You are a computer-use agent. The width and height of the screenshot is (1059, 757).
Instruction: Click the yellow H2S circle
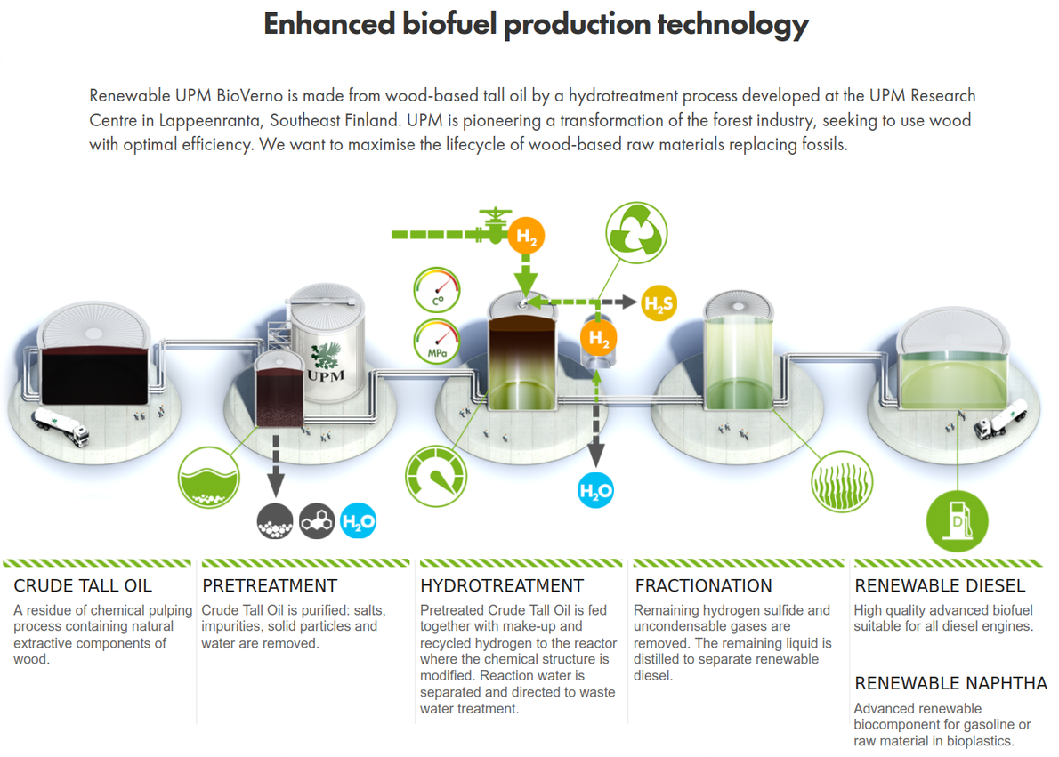coord(659,304)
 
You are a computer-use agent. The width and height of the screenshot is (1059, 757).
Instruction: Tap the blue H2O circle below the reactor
coord(596,490)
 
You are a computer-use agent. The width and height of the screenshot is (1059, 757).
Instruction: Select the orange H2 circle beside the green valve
coord(527,237)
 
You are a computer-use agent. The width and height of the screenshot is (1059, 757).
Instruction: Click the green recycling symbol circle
coord(635,234)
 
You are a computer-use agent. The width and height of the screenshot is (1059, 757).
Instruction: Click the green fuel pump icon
coord(957,520)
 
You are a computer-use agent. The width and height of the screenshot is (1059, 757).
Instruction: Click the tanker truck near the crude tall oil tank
coord(60,427)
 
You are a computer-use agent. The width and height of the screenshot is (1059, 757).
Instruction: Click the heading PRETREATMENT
coord(270,585)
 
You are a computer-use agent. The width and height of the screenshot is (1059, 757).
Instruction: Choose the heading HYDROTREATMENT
coord(502,585)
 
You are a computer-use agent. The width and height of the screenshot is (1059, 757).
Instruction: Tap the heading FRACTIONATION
coord(703,585)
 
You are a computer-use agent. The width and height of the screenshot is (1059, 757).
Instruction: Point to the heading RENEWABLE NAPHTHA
coord(950,683)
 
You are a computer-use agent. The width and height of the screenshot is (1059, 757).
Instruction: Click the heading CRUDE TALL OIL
coord(83,585)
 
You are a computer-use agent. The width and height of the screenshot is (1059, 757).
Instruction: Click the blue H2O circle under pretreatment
coord(359,522)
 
